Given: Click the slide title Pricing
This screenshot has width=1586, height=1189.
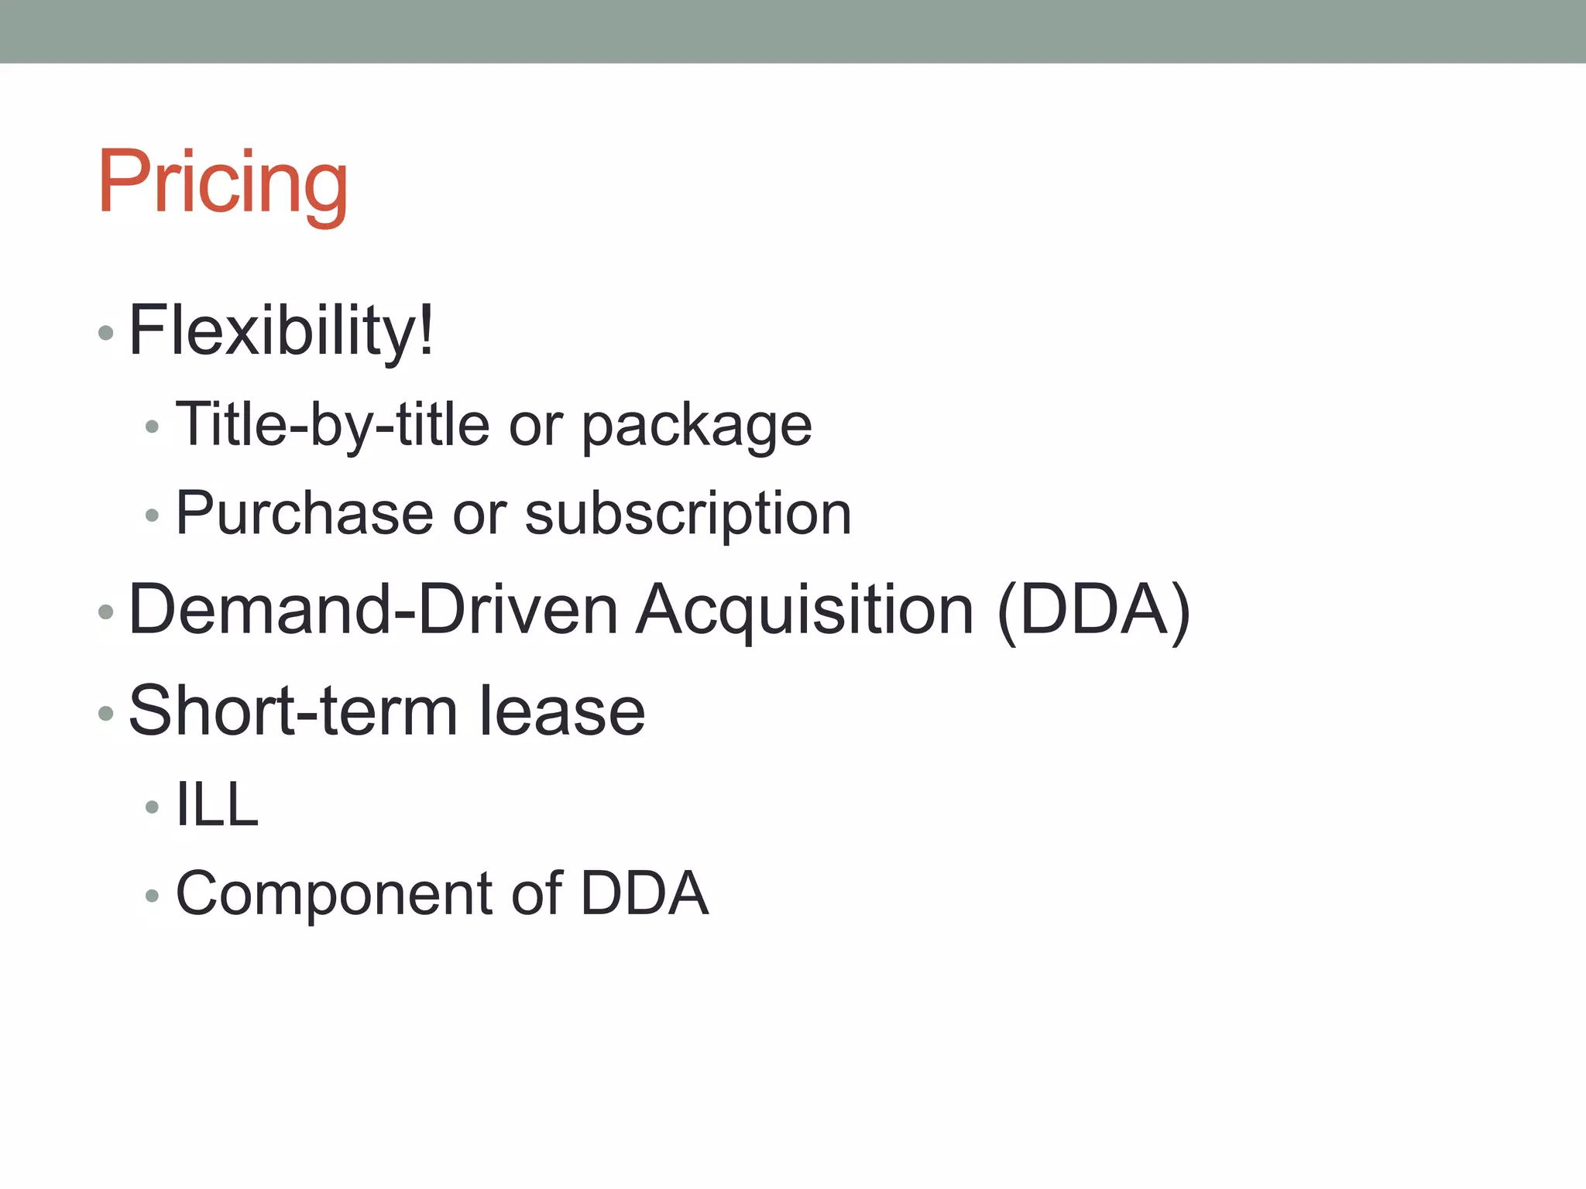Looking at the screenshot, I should click(223, 183).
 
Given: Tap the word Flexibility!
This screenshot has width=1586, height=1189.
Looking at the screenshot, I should click(281, 331).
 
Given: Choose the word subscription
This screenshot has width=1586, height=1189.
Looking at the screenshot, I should click(688, 514).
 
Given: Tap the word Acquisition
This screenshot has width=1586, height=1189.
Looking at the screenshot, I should click(805, 612).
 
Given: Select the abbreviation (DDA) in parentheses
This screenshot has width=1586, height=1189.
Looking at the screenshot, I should click(1093, 612).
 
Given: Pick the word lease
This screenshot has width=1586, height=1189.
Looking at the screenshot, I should click(561, 711).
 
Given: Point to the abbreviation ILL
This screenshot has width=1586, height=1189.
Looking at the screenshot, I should click(217, 805).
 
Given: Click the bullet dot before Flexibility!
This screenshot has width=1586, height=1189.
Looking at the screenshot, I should click(106, 334).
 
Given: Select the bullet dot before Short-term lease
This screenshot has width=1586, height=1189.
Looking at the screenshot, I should click(106, 713).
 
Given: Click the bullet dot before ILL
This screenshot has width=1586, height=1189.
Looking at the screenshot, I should click(152, 807).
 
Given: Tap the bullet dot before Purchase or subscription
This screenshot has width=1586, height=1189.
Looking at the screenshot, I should click(152, 515).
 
